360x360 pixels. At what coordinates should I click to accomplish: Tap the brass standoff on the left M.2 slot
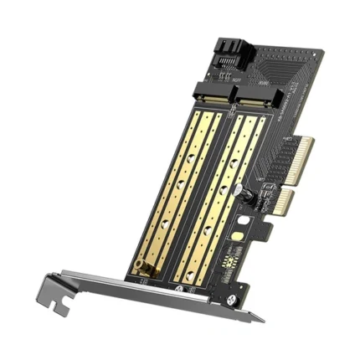pyautogui.click(x=143, y=270)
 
